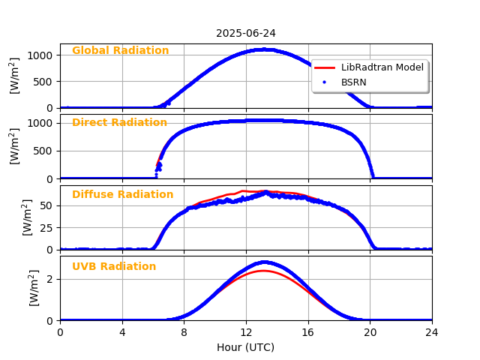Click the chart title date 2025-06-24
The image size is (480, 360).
[246, 33]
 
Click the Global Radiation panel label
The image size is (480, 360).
[120, 51]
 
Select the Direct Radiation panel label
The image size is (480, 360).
[119, 123]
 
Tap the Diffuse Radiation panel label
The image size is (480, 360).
[122, 195]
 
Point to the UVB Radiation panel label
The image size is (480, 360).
[114, 267]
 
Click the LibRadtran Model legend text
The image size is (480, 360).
[382, 67]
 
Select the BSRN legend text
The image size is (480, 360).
[354, 81]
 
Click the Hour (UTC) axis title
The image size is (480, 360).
[246, 347]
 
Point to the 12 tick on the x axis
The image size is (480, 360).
[246, 332]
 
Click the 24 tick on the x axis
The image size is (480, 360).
[432, 332]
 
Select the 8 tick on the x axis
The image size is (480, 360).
[184, 332]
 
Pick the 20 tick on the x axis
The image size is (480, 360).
[370, 332]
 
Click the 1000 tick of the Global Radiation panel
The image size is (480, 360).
[42, 55]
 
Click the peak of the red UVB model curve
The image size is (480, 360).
[263, 271]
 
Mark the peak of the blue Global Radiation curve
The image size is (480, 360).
[263, 49]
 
